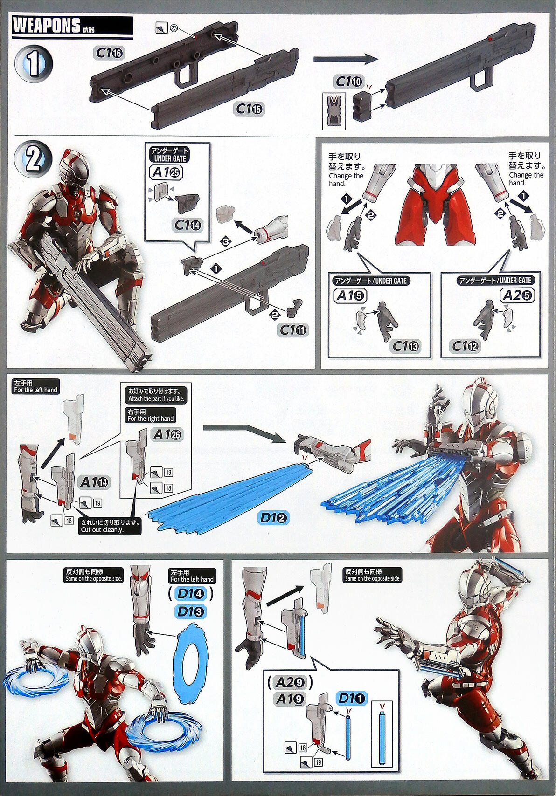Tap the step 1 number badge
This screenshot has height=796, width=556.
point(34,64)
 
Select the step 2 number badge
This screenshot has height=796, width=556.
point(34,160)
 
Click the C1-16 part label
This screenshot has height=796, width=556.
point(110,53)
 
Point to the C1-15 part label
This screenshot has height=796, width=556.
point(249,109)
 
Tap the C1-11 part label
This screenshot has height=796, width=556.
point(292,330)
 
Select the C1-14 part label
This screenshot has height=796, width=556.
point(187,225)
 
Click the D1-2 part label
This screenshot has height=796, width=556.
point(273,518)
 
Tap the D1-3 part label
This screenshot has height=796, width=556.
point(191,612)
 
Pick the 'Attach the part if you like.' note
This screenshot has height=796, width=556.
point(156,395)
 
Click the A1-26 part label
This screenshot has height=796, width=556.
point(167,434)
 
